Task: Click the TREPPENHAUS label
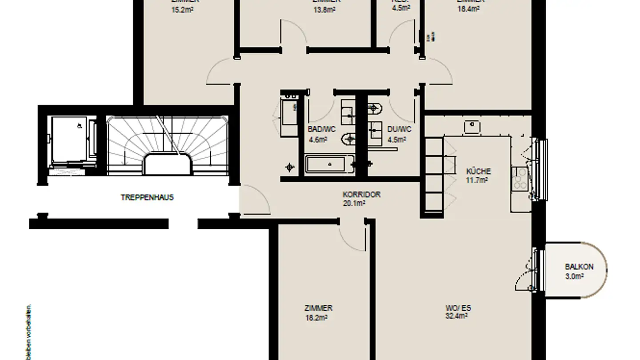click(147, 197)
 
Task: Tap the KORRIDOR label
click(361, 195)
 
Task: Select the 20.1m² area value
click(354, 203)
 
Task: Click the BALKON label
click(579, 267)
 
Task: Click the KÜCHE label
click(478, 171)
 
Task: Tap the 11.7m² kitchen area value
click(477, 180)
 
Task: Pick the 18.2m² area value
click(316, 318)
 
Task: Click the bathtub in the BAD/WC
click(330, 164)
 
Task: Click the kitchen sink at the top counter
click(472, 127)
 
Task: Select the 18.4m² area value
click(468, 8)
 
